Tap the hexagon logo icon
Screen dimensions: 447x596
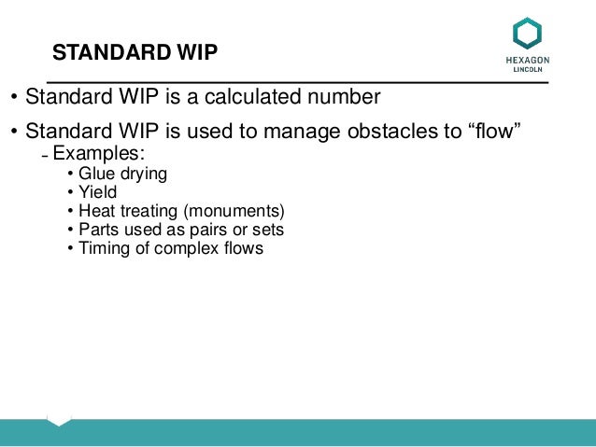527,34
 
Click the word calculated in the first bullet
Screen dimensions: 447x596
271,97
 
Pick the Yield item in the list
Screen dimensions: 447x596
97,192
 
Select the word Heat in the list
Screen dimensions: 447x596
95,211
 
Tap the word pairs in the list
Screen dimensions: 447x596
209,230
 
